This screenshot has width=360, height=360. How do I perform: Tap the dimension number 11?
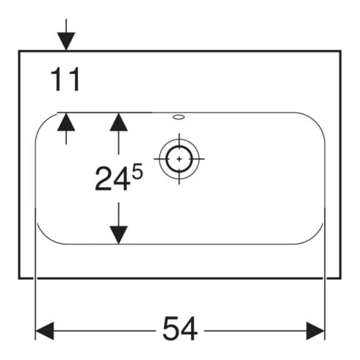tap(65, 79)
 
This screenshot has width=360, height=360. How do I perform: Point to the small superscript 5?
tap(137, 171)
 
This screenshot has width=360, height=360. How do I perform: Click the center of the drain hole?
tap(179, 159)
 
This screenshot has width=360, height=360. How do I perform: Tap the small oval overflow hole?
tap(179, 117)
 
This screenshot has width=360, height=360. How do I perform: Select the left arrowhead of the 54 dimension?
tap(45, 331)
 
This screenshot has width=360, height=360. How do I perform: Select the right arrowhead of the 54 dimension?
tap(316, 331)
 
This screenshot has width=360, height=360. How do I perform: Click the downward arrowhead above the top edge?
tap(66, 41)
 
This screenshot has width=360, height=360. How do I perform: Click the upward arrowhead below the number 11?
tap(66, 122)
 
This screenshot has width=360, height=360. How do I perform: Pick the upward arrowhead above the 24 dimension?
tap(119, 122)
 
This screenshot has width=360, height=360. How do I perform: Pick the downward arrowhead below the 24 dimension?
tap(119, 235)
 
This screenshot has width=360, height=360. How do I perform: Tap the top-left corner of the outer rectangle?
tap(19, 51)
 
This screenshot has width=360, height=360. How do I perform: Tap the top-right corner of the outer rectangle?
tap(340, 51)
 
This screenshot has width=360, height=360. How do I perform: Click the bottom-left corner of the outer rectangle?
tap(19, 278)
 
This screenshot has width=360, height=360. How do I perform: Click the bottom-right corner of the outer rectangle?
tap(340, 278)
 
